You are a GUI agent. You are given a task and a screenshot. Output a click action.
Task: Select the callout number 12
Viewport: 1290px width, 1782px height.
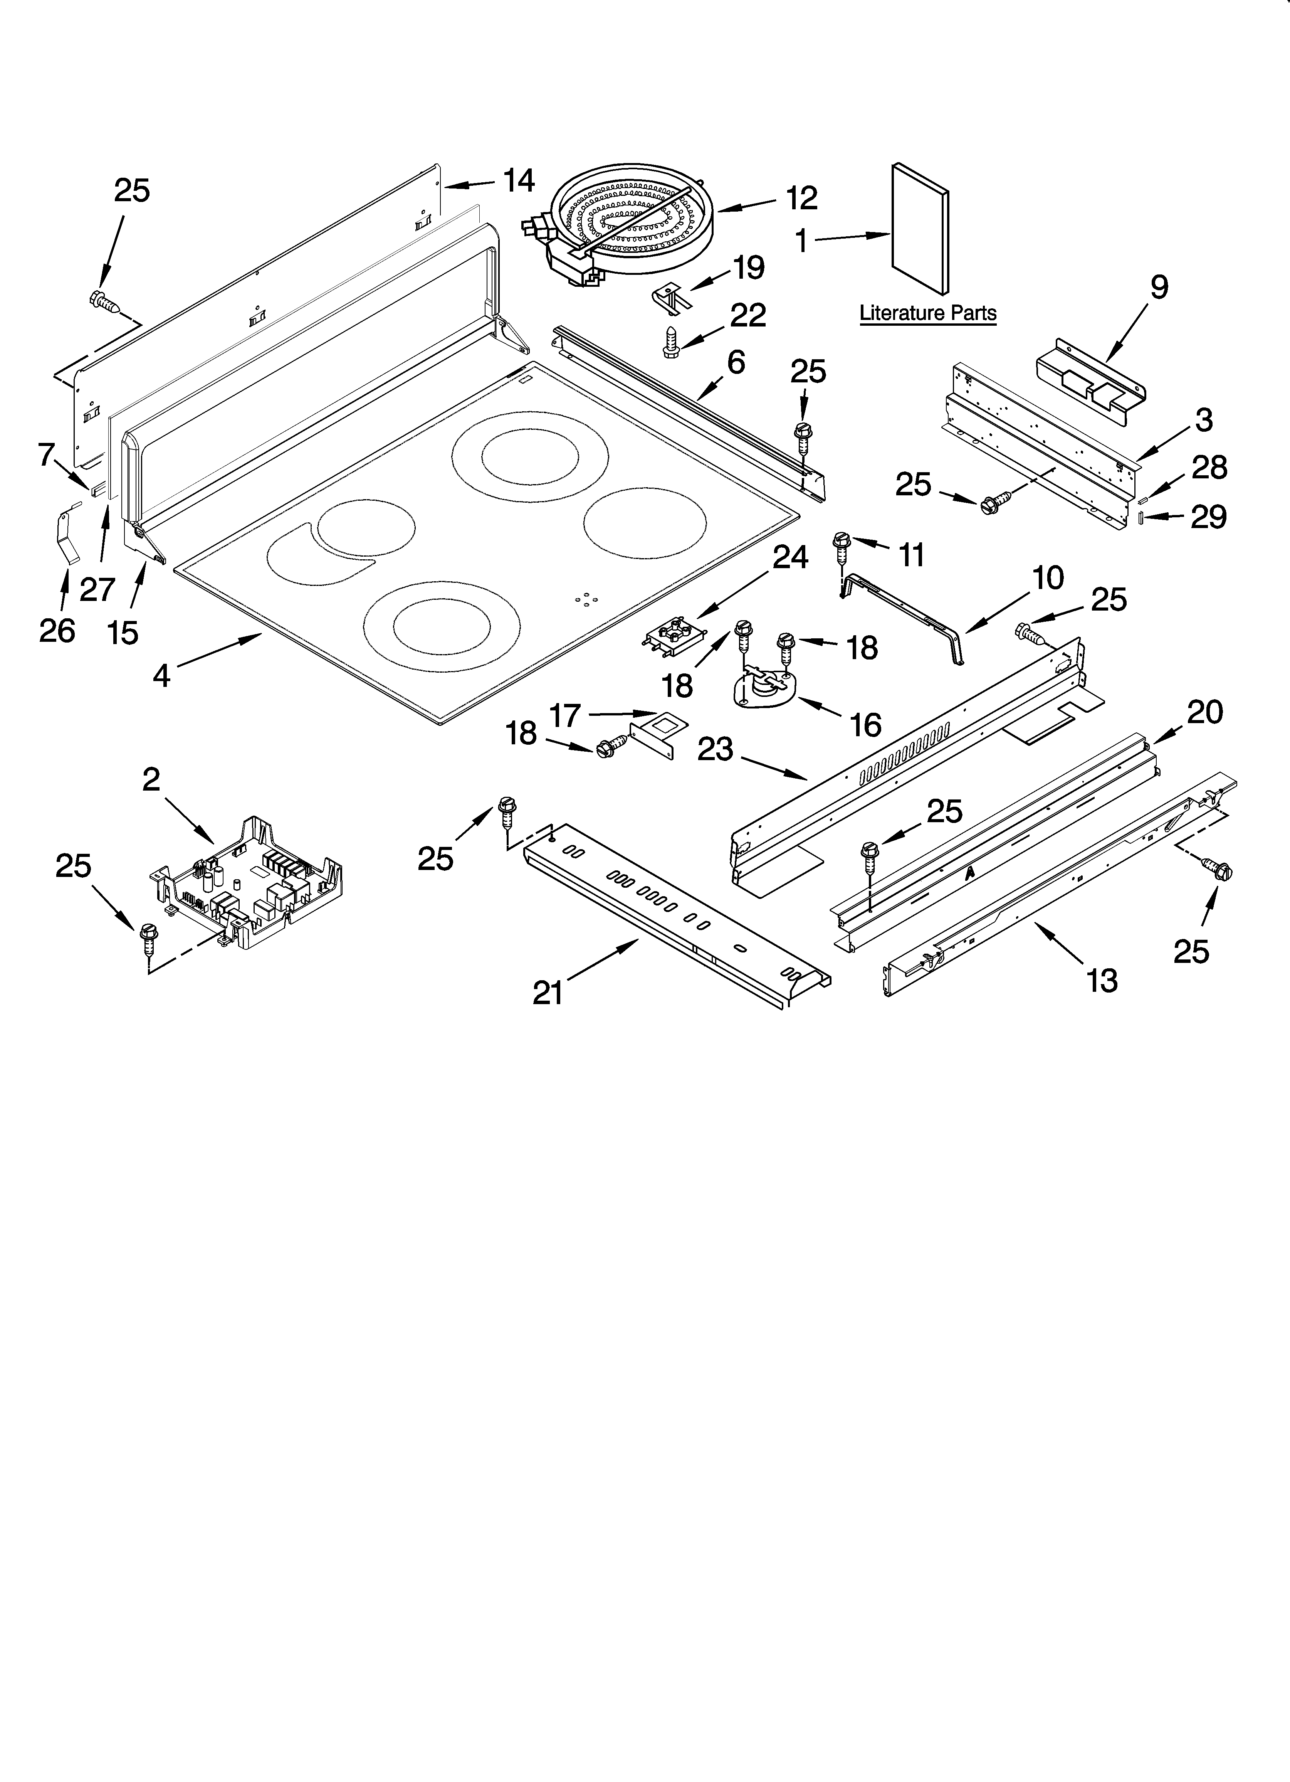click(x=801, y=198)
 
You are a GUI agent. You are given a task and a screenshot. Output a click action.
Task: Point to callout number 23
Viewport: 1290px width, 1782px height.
click(x=715, y=749)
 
